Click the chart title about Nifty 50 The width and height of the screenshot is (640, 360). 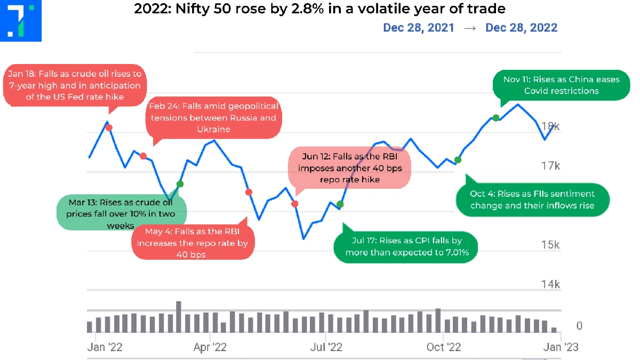pos(319,9)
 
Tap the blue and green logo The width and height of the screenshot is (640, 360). pos(21,21)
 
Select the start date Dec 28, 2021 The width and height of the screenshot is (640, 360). pos(419,27)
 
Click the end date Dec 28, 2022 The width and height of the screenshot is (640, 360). pos(521,27)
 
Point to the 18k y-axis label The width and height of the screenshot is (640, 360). pos(550,126)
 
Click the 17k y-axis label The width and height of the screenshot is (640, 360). pos(550,166)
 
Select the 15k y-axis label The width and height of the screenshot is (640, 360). pos(550,245)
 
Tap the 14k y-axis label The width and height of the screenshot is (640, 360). pos(550,284)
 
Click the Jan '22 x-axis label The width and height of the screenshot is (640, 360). pos(105,347)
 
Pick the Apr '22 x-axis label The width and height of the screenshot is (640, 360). pos(210,347)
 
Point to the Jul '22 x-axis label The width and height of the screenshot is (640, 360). pos(326,347)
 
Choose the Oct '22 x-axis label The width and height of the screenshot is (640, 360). pos(444,347)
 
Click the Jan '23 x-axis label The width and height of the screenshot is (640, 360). pos(559,347)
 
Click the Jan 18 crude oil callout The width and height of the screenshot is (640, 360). pos(74,85)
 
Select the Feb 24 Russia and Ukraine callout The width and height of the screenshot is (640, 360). pos(213,117)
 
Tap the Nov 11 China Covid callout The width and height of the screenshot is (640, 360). pos(562,85)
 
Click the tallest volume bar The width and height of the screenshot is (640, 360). pos(179,317)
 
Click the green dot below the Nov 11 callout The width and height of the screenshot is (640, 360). pos(495,117)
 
